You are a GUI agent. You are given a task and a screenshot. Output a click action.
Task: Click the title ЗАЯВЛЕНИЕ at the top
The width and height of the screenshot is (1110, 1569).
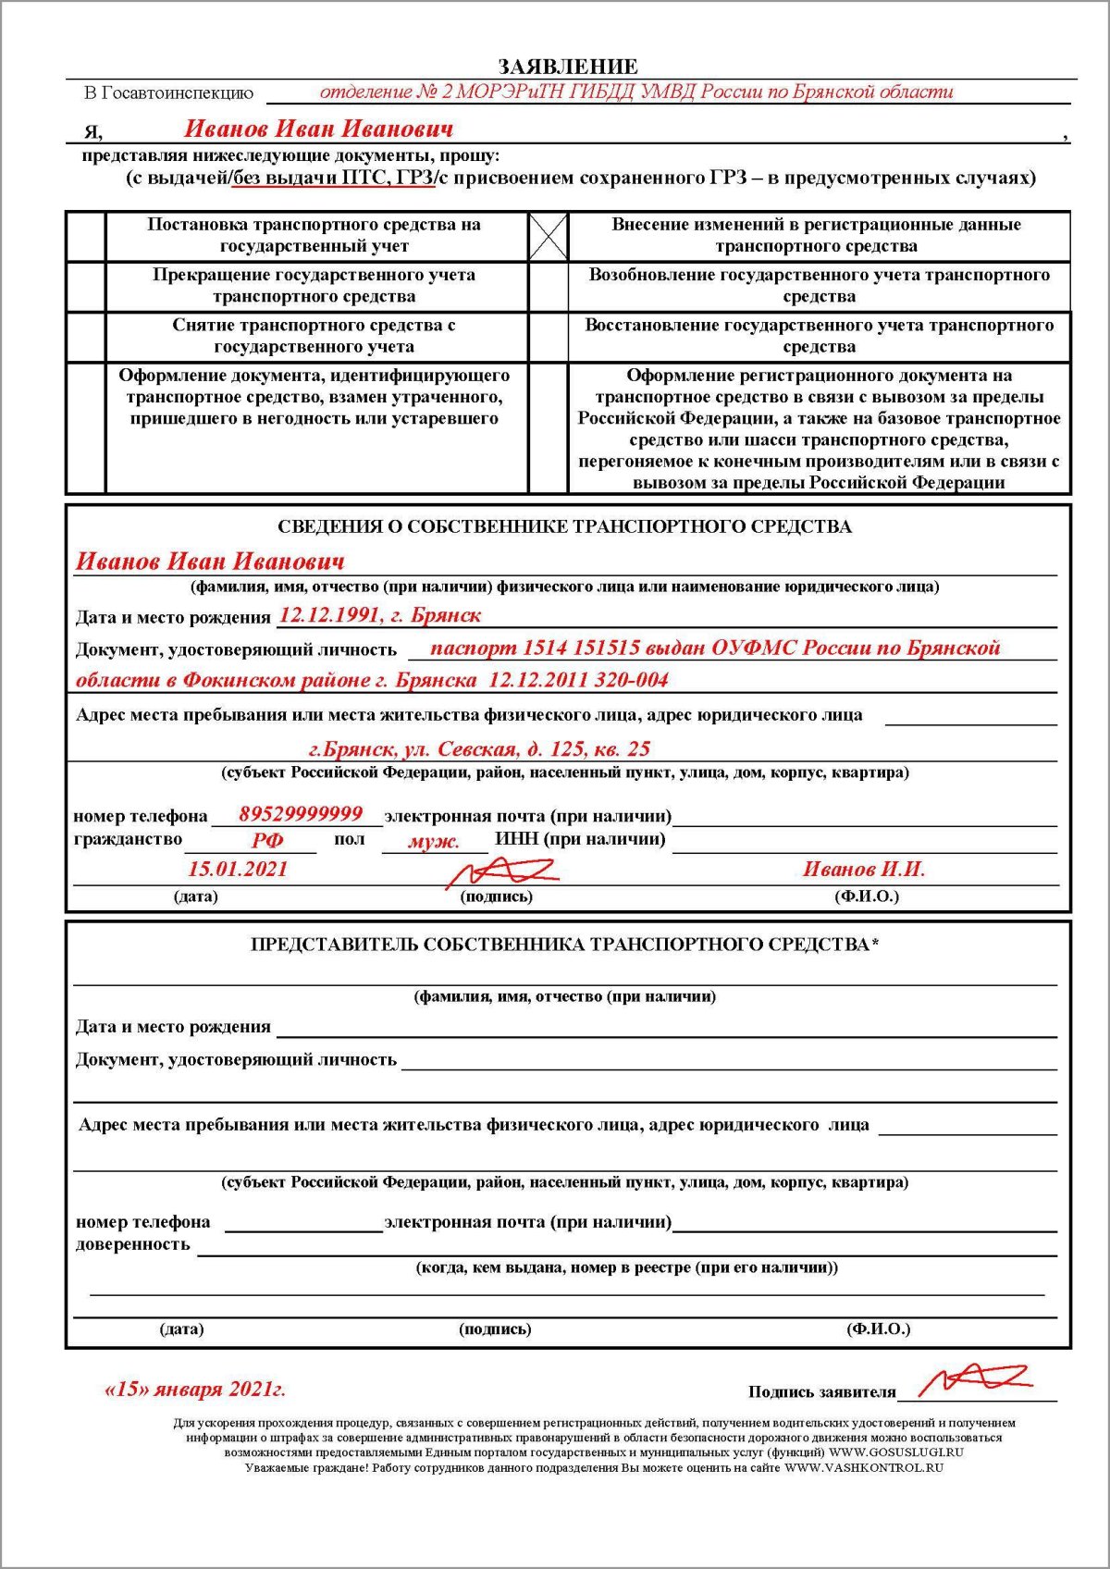567,67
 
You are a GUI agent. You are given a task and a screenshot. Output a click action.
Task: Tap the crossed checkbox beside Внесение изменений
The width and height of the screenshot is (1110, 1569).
548,236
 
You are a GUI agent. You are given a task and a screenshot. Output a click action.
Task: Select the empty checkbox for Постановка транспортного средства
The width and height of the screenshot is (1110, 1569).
86,236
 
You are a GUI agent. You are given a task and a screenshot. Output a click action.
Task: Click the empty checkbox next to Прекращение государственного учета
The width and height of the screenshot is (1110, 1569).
86,286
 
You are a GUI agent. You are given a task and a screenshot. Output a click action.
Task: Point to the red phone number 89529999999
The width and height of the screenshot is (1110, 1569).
301,814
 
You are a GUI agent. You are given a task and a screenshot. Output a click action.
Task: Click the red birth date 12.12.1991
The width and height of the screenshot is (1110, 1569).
328,615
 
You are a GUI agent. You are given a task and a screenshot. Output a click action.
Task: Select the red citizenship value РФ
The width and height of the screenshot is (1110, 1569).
267,841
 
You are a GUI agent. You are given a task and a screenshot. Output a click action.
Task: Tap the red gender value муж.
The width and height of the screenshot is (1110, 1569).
434,842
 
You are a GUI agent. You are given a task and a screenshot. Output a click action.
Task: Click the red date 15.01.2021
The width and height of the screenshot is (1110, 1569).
238,869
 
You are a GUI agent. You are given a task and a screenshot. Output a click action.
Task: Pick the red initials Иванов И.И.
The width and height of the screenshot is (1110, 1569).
864,869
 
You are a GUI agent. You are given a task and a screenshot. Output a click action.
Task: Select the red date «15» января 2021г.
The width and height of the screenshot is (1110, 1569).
195,1390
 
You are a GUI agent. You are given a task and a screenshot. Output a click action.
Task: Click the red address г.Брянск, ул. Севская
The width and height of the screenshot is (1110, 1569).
479,748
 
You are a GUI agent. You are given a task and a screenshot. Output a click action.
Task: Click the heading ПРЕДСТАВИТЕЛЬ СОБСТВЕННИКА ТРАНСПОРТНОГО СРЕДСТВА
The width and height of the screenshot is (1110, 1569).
564,945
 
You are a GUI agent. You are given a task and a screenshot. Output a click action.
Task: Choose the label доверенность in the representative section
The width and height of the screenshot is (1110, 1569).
133,1244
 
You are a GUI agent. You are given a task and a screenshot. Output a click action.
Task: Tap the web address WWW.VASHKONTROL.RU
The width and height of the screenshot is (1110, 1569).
864,1467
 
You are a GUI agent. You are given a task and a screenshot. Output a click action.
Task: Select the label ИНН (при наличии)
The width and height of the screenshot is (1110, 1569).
580,839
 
